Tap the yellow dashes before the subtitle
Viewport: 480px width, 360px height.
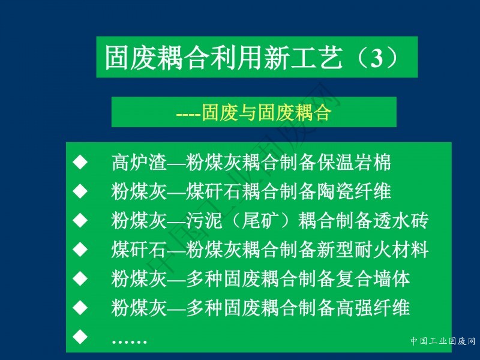point(188,115)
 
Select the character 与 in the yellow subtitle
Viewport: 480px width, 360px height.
point(248,112)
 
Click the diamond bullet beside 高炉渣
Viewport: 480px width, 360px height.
point(80,162)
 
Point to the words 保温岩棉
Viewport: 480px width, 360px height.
point(354,162)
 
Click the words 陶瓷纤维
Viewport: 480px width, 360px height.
point(354,191)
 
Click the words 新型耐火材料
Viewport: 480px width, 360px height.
point(373,249)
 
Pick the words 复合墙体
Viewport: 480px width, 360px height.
point(373,278)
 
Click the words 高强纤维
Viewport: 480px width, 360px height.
point(373,307)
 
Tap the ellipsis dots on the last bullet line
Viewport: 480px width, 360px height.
point(129,341)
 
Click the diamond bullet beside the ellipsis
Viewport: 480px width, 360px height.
point(80,336)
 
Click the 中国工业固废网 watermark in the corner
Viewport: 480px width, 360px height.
point(443,341)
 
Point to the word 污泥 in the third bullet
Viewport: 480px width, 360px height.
point(204,220)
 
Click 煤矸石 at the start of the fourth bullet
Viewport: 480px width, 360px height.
point(139,249)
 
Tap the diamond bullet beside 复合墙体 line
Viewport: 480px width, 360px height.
point(80,278)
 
